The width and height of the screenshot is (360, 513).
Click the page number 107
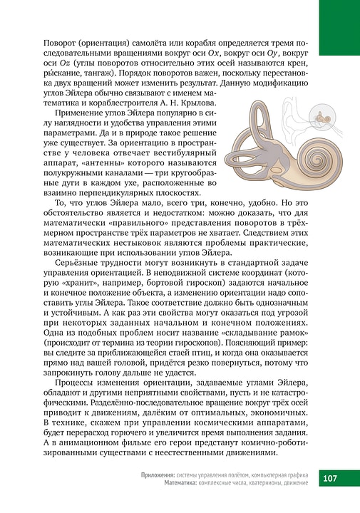[x=336, y=478]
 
